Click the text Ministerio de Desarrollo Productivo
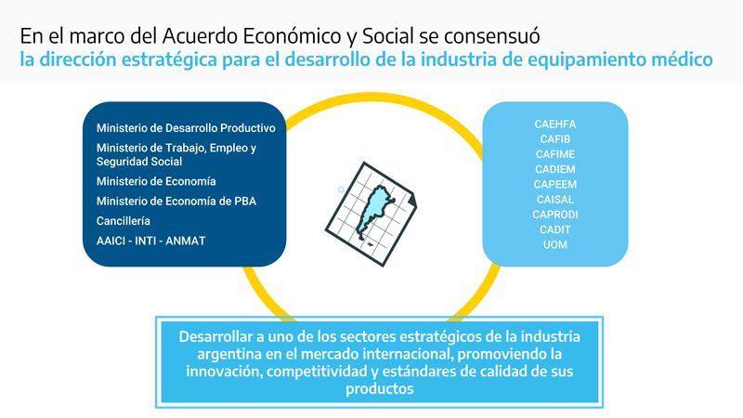[x=186, y=128]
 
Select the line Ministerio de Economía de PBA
[x=176, y=201]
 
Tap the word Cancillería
[x=124, y=221]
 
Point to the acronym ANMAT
[x=185, y=241]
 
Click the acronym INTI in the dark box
[x=146, y=241]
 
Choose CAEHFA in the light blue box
[x=554, y=124]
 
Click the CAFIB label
[x=554, y=139]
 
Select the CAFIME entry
[x=554, y=154]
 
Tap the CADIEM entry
[x=554, y=169]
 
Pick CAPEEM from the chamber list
[x=554, y=184]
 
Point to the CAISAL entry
[x=554, y=200]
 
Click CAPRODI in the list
[x=554, y=215]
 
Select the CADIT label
[x=554, y=229]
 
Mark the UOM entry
[x=554, y=245]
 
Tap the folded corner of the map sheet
[x=412, y=200]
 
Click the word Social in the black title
[x=388, y=36]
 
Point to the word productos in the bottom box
[x=380, y=389]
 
